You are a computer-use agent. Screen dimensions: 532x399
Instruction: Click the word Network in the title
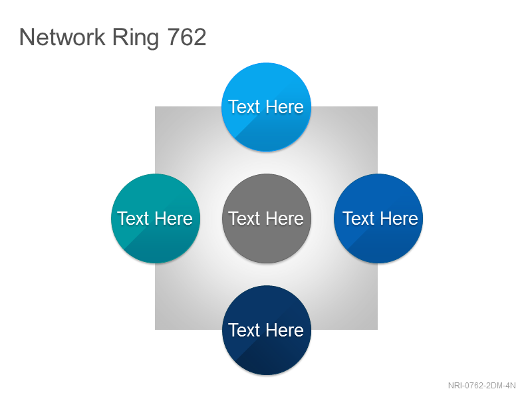pos(63,37)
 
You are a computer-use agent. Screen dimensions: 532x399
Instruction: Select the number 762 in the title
pos(187,37)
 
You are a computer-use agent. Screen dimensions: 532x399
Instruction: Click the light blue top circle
pos(267,107)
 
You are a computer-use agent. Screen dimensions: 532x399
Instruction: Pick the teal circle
pos(156,218)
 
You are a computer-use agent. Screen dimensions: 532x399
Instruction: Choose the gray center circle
pos(267,218)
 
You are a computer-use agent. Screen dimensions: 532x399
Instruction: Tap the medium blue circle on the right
pos(378,218)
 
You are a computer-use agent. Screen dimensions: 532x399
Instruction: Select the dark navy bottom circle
pos(267,330)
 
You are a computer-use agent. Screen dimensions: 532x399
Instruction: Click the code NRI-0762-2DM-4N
pos(481,386)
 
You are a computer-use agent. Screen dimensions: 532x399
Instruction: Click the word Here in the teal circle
pos(174,218)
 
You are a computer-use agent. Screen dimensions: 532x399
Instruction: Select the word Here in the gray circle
pos(285,218)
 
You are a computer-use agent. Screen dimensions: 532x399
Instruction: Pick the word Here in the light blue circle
pos(285,107)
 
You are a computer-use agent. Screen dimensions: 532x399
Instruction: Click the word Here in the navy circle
pos(285,330)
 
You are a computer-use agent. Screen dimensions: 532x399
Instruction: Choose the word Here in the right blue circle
pos(400,218)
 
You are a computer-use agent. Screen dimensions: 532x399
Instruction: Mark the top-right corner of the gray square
pos(377,107)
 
